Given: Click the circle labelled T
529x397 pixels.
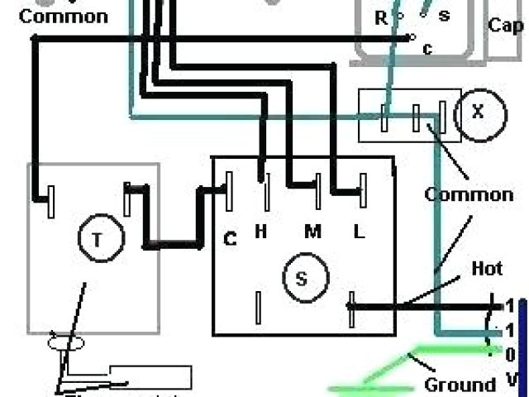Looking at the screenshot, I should tap(97, 240).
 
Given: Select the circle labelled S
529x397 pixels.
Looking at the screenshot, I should tap(302, 279).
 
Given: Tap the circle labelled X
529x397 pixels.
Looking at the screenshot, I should tap(477, 113).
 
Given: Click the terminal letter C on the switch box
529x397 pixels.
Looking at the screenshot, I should tap(231, 240).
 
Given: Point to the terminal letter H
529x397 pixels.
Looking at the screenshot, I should tap(260, 232).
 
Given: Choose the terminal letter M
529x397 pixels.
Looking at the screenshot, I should tap(312, 232).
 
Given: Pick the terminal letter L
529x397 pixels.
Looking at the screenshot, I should tap(359, 232).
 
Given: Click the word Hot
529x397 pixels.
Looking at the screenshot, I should tap(487, 269).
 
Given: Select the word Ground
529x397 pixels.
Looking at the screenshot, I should tap(460, 385).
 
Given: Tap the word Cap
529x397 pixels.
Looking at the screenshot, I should tap(505, 26).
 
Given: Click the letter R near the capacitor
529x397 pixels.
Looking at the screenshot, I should tap(381, 17).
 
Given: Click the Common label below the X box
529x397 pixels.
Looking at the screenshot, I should tap(469, 195).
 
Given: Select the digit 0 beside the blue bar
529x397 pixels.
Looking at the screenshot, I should tap(510, 355).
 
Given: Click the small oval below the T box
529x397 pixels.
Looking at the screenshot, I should tap(67, 342).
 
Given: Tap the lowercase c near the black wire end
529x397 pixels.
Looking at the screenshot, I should tap(427, 48).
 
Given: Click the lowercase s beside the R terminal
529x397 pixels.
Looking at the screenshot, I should tap(444, 17).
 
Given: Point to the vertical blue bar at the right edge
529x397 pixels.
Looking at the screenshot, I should tap(524, 339).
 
